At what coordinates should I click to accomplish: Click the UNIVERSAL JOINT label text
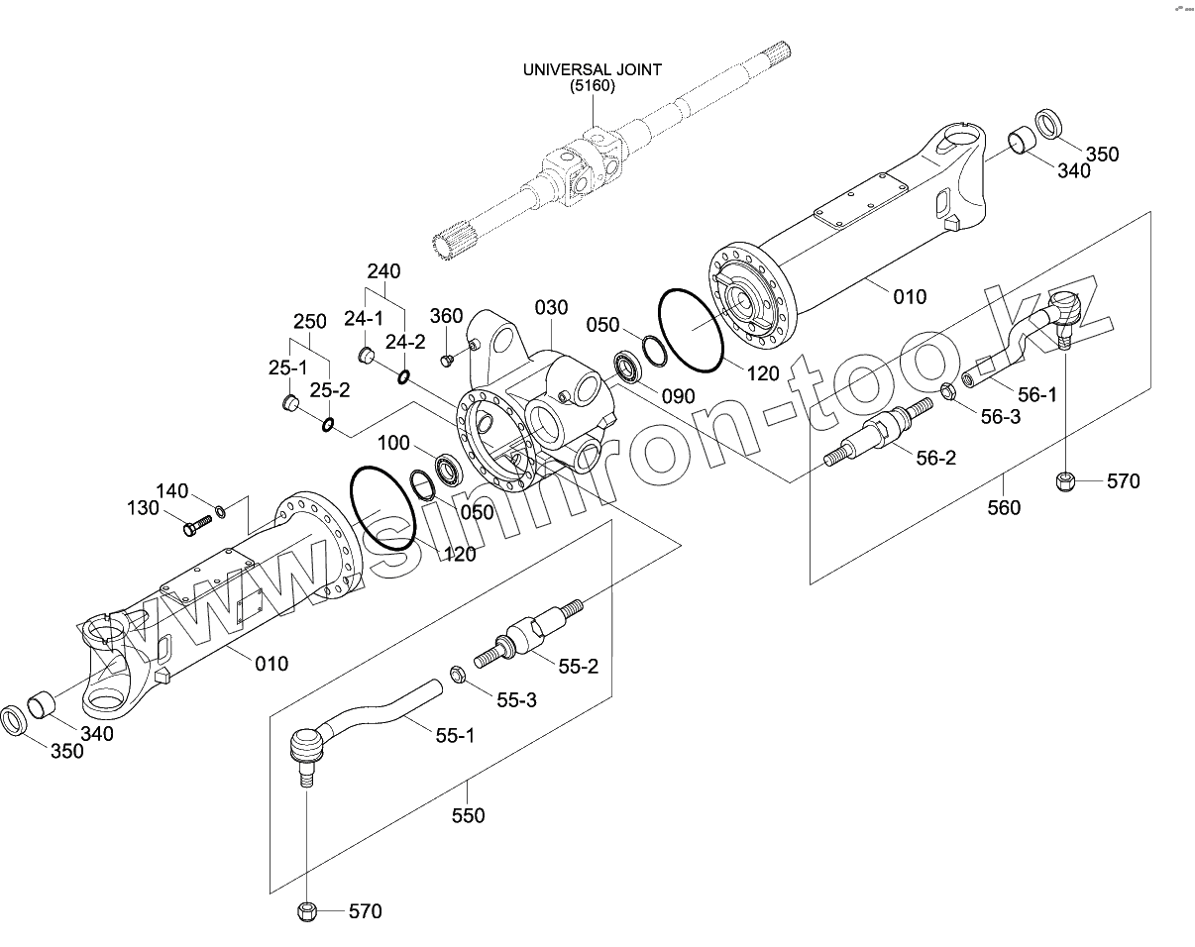593,69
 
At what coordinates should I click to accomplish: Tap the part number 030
551,308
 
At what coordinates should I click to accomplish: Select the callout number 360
446,316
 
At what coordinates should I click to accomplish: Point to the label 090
679,396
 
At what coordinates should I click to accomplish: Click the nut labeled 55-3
458,675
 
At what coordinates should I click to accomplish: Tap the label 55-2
579,667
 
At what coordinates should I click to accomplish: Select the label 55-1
455,735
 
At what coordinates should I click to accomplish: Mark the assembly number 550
468,815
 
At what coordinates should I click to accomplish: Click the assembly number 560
1003,507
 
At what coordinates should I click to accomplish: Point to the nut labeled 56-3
946,392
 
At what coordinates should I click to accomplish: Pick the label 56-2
935,458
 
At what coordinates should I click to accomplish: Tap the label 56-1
1037,394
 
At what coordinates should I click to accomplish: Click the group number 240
383,271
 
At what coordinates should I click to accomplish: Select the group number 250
309,322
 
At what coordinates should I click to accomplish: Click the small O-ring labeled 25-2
327,425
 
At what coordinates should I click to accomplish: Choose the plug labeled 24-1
365,355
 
